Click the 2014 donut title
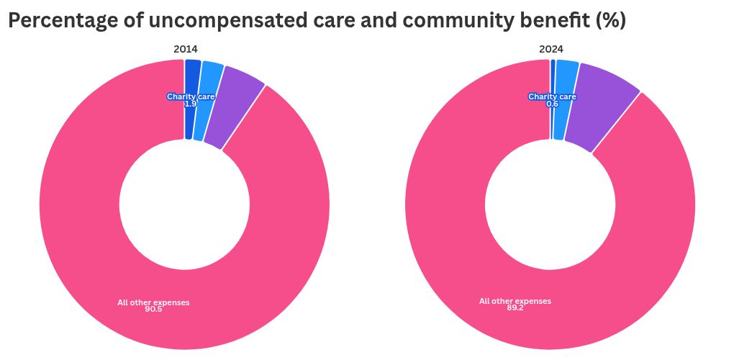pos(185,49)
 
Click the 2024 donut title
pos(551,49)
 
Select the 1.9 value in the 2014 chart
pos(190,104)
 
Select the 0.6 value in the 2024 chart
pos(552,104)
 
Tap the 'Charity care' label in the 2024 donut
pos(552,96)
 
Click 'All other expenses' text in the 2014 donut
pos(153,302)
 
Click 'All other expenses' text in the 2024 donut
pos(515,301)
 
